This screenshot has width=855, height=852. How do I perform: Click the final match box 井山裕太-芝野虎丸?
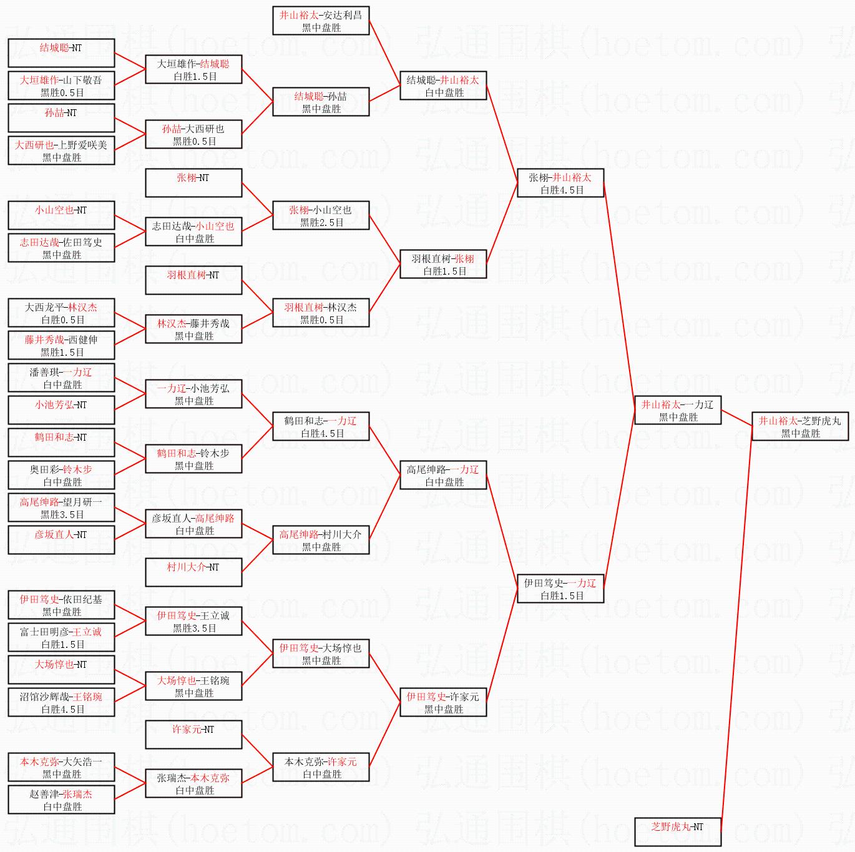[799, 426]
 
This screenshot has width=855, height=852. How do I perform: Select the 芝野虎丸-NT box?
[677, 831]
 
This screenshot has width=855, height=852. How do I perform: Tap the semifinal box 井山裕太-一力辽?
[677, 410]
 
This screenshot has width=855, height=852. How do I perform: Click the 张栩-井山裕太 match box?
[560, 183]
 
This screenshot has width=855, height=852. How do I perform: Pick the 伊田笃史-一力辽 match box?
[560, 589]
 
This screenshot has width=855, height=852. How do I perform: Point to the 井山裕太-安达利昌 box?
[321, 21]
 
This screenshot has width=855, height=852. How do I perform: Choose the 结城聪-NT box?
[61, 53]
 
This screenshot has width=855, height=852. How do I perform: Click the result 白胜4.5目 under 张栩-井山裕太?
[562, 190]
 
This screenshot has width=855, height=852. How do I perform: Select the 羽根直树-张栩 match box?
[442, 264]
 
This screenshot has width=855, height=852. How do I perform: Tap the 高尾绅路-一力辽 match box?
[442, 475]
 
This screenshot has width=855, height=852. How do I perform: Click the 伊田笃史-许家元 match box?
[442, 702]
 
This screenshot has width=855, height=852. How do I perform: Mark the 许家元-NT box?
[193, 735]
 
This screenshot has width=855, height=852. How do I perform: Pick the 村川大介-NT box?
[193, 572]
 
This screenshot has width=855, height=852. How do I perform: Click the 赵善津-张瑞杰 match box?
[61, 800]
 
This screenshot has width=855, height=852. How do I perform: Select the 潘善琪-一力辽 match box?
[61, 378]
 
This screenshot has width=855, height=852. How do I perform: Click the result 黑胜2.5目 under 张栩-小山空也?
[321, 223]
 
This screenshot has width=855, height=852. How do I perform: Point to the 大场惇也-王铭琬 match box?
[193, 686]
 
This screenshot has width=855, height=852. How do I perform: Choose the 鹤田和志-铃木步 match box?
[193, 459]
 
